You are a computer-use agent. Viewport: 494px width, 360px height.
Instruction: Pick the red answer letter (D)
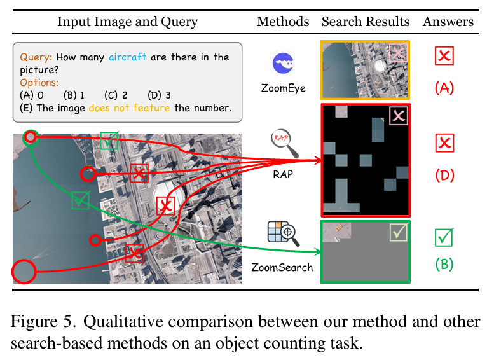tap(444, 174)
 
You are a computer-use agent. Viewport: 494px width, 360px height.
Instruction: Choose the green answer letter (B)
tap(444, 263)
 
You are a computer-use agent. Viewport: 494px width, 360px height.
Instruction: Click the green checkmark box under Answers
tap(444, 238)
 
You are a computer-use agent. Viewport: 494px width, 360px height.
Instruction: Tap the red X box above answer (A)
tap(444, 56)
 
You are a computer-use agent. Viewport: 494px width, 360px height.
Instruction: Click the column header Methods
tap(283, 22)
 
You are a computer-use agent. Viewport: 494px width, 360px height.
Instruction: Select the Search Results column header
tap(366, 22)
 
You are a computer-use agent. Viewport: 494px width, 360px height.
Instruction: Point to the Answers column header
tap(448, 22)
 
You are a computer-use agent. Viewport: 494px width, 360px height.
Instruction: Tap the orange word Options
tap(39, 83)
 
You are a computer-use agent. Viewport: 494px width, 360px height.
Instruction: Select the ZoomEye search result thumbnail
tap(366, 70)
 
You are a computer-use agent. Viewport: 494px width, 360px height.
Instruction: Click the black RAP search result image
tap(366, 160)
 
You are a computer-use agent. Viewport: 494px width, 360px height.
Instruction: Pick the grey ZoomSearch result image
tap(366, 251)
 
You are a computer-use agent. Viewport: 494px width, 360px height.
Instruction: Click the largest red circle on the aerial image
tap(24, 272)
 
